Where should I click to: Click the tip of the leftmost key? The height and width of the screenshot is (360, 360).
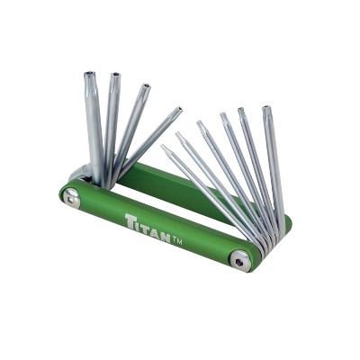(89, 74)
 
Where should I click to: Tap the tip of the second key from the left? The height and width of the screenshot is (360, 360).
(115, 75)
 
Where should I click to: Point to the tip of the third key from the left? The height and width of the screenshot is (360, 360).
(146, 86)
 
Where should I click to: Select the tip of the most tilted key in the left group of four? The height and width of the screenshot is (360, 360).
(179, 109)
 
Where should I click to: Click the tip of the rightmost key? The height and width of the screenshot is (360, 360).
(265, 108)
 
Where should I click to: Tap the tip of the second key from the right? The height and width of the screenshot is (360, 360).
(241, 110)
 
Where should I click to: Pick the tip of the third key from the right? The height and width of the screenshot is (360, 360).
(222, 114)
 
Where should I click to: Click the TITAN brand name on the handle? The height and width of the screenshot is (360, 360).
(148, 226)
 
